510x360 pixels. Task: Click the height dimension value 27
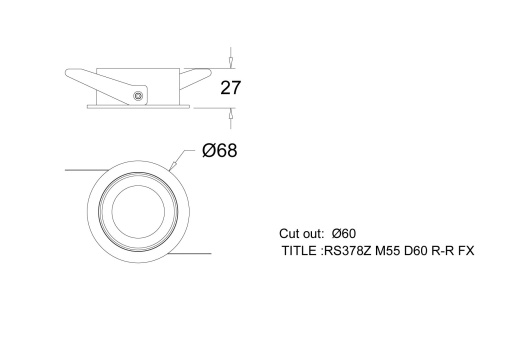231,88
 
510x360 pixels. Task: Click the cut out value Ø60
343,233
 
